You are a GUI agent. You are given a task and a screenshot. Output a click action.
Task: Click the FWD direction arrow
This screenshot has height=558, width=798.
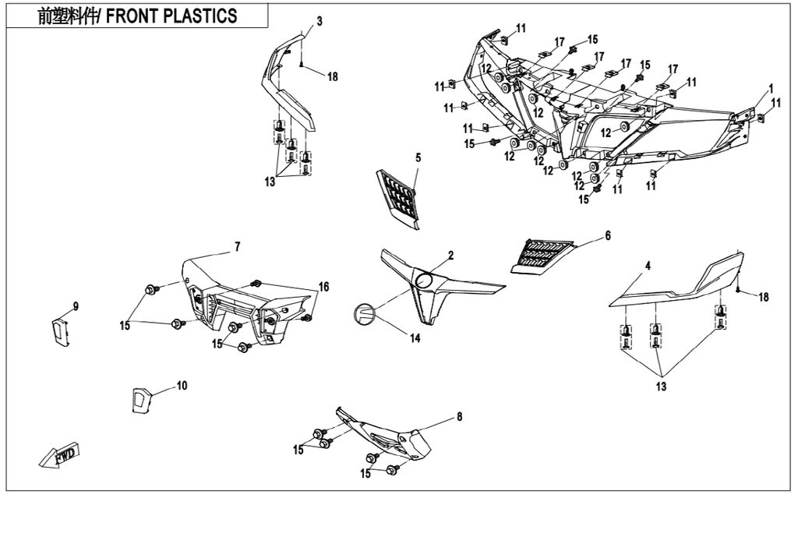tap(62, 456)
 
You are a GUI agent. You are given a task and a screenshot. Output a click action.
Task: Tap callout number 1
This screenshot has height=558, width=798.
tap(771, 87)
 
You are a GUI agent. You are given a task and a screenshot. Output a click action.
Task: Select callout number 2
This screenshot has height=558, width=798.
tap(450, 256)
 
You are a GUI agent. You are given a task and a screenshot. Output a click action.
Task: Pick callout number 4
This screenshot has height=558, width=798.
tap(648, 267)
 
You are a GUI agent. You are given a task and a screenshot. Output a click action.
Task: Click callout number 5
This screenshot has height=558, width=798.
tap(418, 158)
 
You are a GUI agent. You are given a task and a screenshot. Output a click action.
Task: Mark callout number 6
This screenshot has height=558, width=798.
tap(608, 235)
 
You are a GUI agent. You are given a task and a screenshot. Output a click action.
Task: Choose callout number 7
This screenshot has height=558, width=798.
tap(237, 247)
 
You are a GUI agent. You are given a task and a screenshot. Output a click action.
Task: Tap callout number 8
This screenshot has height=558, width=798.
tap(459, 417)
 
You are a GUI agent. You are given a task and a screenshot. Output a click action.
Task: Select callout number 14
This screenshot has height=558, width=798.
tap(415, 338)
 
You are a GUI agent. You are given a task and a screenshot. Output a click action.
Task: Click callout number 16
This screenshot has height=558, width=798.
tap(323, 287)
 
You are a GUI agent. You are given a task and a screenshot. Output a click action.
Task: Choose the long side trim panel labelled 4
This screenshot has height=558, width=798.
tap(678, 284)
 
